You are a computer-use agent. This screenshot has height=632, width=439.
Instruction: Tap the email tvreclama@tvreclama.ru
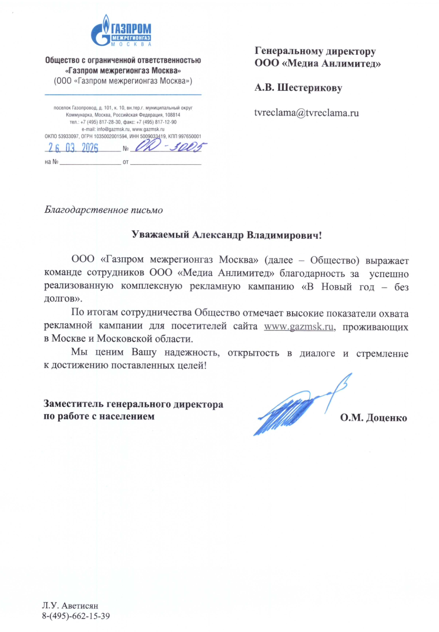306,113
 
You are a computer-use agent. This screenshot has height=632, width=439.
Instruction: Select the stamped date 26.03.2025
73,148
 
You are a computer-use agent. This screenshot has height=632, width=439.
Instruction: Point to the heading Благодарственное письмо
103,210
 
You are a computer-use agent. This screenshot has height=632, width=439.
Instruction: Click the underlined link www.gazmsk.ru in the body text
299,327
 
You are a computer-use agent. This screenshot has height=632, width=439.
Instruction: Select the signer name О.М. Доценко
373,418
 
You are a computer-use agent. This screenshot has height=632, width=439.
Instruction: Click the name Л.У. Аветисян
70,605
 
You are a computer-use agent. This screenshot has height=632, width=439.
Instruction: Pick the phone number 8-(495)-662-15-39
76,616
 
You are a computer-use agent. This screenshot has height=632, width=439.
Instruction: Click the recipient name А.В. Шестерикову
298,88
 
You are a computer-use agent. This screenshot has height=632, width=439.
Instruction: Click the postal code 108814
172,115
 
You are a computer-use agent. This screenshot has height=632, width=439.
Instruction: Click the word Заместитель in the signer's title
74,404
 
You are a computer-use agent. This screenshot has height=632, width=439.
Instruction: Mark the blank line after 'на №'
90,162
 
